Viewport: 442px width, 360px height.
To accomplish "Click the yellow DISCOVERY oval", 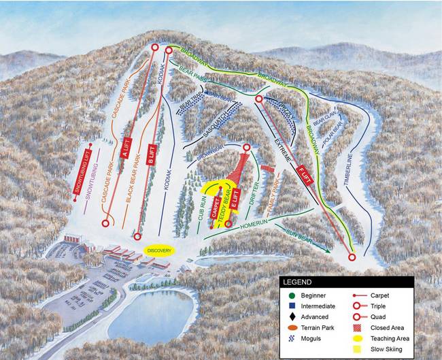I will click(160, 250).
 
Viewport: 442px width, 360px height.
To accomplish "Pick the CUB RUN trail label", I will click(202, 212).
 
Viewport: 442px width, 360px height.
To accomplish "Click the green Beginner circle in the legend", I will click(292, 295).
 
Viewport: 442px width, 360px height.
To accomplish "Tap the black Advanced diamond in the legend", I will click(292, 316).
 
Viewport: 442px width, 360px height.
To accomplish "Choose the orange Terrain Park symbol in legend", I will click(292, 327).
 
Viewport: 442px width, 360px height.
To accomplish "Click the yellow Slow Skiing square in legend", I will click(358, 349).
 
